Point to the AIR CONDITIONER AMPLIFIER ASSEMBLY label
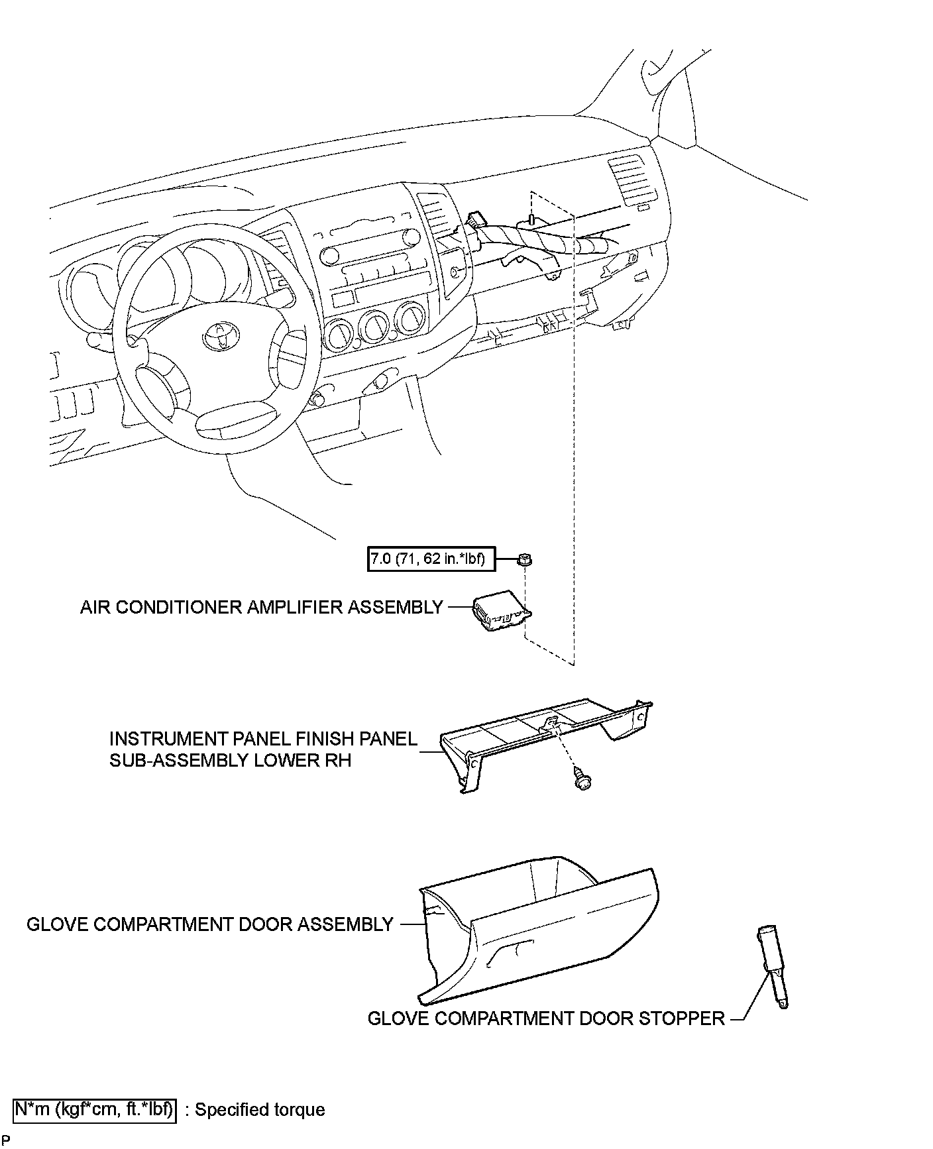261,607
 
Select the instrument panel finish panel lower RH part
543,736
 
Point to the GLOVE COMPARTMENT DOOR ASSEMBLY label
210,924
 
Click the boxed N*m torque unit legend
95,1109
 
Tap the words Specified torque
260,1110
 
